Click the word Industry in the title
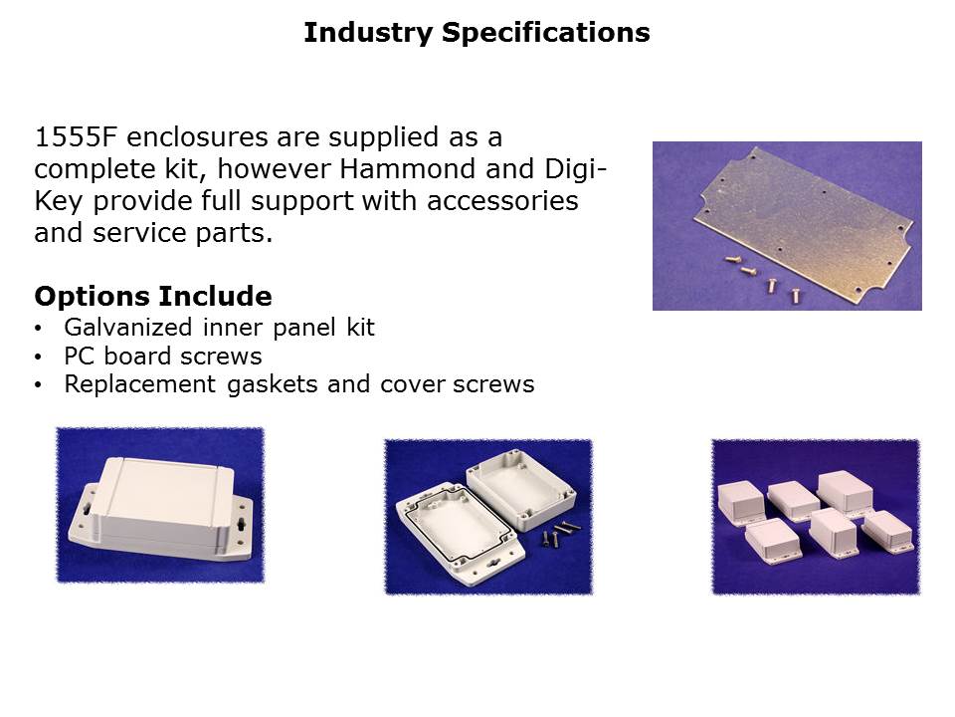368,34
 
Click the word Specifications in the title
546,34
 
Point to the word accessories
502,201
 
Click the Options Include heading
153,297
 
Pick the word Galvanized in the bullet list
128,328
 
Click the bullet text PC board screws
162,357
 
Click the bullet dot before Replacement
39,385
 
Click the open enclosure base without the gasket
520,489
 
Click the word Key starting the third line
58,202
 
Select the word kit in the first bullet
360,328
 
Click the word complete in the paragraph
95,170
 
